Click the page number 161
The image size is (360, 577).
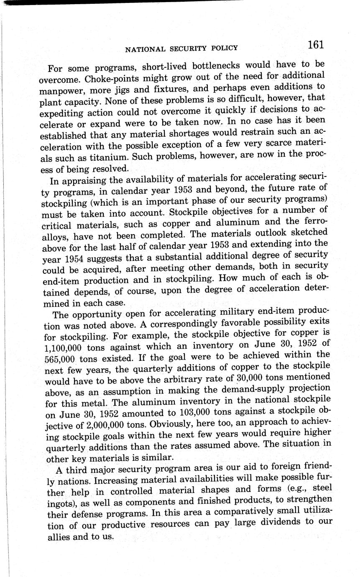click(x=316, y=45)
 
